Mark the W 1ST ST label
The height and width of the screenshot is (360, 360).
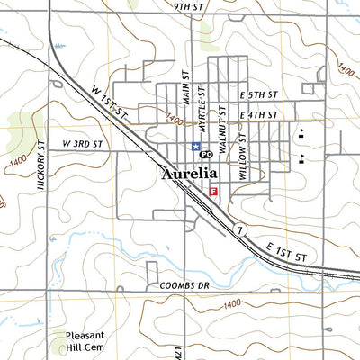pos(111,102)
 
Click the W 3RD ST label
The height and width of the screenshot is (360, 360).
pos(83,144)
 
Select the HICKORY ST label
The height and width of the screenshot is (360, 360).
pos(41,164)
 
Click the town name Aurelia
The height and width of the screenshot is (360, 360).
pos(189,174)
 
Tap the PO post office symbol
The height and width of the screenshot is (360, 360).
pos(205,155)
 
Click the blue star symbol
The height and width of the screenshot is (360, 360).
pos(194,147)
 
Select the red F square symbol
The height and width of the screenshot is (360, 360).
pos(213,191)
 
